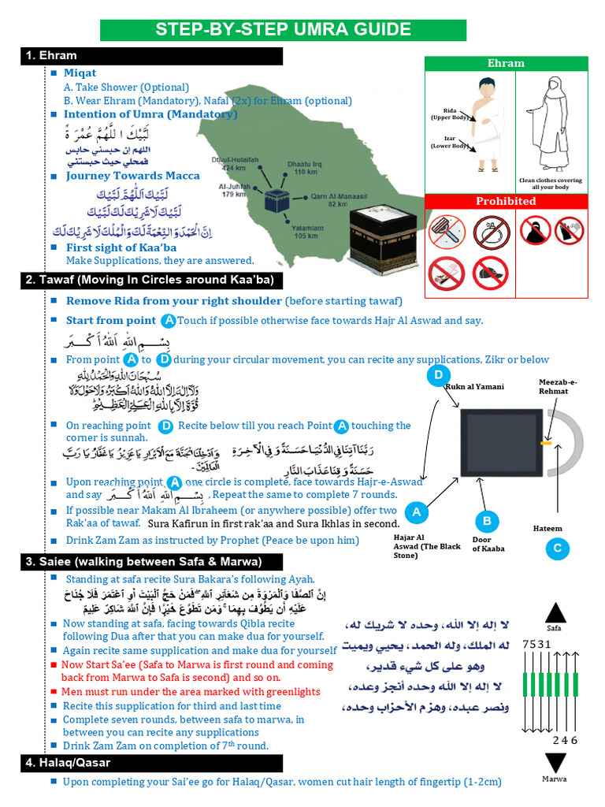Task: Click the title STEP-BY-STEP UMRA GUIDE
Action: [283, 30]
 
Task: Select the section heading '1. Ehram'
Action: [52, 56]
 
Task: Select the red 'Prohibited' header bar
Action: [506, 201]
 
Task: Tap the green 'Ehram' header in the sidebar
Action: [506, 63]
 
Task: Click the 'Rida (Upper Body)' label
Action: [447, 113]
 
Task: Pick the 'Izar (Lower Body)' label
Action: [447, 142]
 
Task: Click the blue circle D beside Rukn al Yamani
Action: [438, 375]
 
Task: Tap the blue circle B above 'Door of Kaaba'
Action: [487, 521]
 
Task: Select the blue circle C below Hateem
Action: [557, 549]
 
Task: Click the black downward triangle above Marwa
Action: [555, 764]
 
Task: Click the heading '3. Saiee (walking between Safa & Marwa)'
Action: [142, 561]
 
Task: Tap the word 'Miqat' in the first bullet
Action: [80, 73]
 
